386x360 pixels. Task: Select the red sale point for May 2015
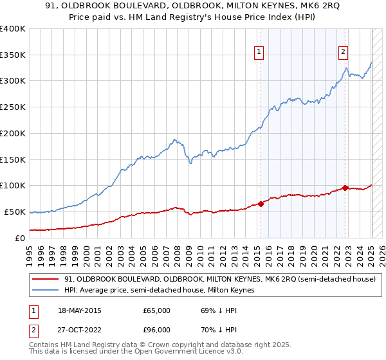pos(261,204)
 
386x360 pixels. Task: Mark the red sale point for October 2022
pos(345,188)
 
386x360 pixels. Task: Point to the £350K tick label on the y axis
pos(12,55)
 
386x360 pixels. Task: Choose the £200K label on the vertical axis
pos(12,134)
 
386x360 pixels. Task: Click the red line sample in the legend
pos(46,279)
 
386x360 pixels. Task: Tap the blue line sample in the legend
pos(46,291)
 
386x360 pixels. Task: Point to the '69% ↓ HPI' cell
pos(219,310)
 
